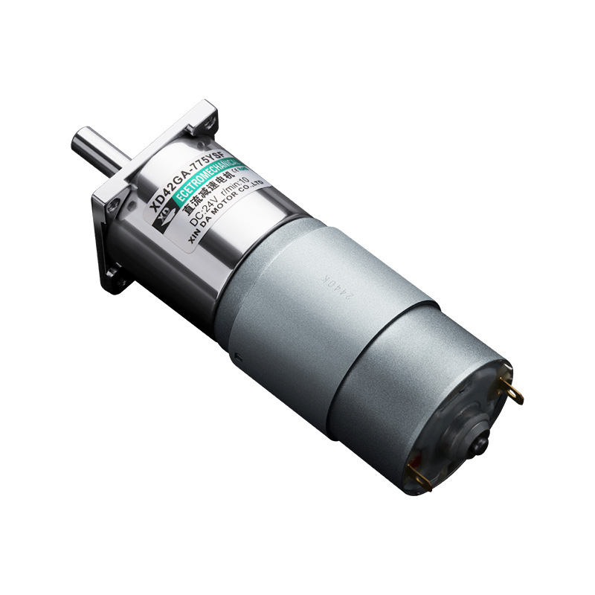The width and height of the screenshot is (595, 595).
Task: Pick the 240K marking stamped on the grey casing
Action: [x=332, y=279]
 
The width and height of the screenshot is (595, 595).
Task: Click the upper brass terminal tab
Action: [x=514, y=389]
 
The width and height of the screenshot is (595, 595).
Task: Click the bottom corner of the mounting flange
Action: [x=118, y=285]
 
